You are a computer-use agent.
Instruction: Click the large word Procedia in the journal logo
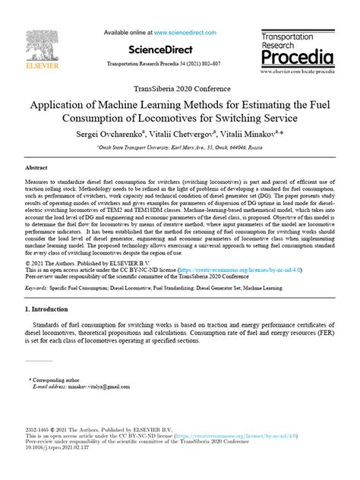[297, 57]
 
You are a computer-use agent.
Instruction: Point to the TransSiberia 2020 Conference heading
[180, 87]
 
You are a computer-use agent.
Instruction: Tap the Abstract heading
[36, 166]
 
